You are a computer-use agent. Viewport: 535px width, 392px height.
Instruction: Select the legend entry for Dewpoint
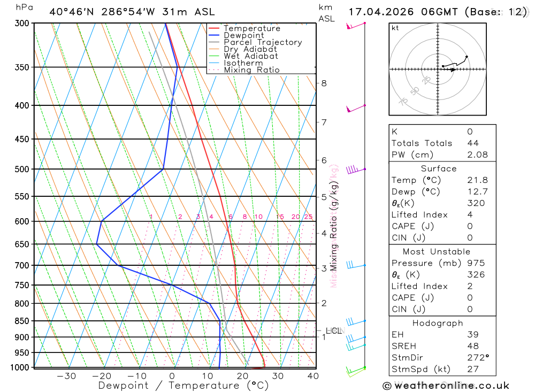point(243,35)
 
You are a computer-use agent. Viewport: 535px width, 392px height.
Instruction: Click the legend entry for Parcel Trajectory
point(263,42)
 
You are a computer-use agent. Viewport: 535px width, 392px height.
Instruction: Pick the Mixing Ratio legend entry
point(251,70)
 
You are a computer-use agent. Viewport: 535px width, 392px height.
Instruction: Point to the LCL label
point(333,331)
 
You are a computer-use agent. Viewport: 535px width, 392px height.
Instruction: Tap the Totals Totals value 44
point(473,143)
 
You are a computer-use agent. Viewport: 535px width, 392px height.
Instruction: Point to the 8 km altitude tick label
point(324,83)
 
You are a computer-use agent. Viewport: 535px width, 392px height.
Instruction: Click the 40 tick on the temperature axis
point(313,376)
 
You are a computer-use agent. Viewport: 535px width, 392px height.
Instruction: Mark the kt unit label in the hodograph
point(395,28)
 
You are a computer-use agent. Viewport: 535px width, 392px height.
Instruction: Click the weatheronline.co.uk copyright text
point(446,386)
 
